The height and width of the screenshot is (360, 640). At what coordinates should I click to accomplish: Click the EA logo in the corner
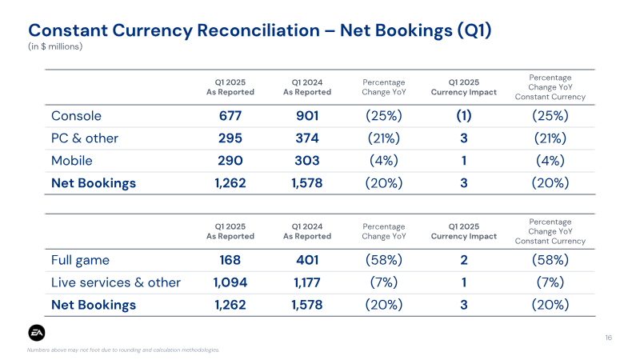pos(37,333)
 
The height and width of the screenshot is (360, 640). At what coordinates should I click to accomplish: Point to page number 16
pos(608,338)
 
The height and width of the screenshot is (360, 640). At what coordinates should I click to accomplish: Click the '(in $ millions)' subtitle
pos(55,46)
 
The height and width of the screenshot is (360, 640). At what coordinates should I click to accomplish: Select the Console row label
pos(76,116)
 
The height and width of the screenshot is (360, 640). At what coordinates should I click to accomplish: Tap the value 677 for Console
pos(230,116)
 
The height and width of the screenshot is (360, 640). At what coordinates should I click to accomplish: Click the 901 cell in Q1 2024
pos(307,116)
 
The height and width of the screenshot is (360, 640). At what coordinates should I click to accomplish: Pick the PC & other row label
pos(85,138)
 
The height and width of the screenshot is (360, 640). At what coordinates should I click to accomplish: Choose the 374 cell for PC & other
pos(307,138)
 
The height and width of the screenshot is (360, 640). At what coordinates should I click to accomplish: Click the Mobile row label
pos(72,161)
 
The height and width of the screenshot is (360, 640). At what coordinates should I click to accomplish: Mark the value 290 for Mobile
pos(230,161)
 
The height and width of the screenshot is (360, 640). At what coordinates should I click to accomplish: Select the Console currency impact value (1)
pos(464,116)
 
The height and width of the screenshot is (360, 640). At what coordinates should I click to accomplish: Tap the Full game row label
pos(81,261)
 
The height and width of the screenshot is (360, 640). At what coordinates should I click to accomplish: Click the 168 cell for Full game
pos(230,260)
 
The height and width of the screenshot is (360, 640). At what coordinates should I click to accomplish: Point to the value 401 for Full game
pos(307,260)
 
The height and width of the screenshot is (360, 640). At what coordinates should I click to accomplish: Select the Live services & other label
pos(116,282)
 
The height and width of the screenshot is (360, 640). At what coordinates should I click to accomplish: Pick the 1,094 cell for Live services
pos(230,282)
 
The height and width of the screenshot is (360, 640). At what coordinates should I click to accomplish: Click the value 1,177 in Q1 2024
pos(307,282)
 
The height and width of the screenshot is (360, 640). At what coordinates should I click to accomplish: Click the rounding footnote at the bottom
pos(123,350)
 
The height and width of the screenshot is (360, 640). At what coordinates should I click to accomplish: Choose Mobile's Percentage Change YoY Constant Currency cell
pos(550,161)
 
